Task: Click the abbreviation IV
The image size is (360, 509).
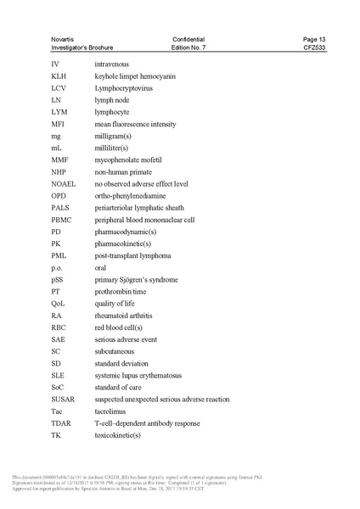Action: point(54,64)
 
